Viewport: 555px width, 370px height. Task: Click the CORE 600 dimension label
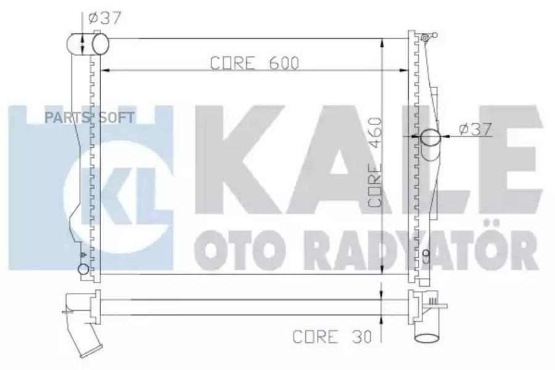(255, 63)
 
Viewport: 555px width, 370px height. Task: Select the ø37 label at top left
(104, 19)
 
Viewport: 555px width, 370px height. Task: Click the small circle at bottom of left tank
(83, 269)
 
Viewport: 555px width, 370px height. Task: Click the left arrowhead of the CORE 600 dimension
(104, 70)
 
